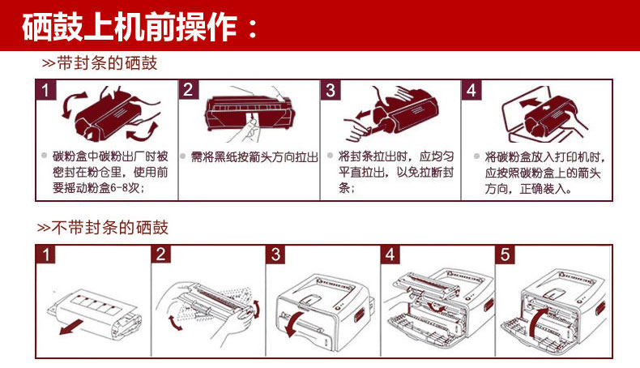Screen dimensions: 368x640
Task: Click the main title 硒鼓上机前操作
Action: pos(142,27)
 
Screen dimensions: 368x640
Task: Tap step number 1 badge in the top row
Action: pos(48,90)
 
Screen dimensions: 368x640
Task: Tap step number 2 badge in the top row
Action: pos(188,90)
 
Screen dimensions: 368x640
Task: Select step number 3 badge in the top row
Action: pos(330,90)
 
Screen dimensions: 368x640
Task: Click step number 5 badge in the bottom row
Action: pos(507,255)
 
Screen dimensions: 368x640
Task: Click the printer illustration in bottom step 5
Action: pos(554,312)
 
